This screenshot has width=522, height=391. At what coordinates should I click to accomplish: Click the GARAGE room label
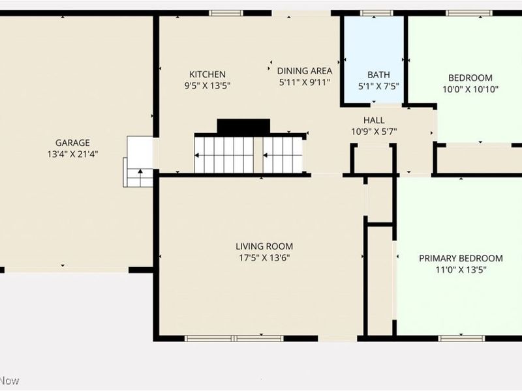[72, 143]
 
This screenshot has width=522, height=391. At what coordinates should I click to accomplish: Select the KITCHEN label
[207, 74]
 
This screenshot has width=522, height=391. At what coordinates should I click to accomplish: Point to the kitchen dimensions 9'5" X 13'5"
[207, 85]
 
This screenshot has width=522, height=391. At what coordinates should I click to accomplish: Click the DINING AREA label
[305, 71]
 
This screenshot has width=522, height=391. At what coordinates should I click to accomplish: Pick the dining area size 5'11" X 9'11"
[305, 82]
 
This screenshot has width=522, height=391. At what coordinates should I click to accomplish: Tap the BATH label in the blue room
[378, 75]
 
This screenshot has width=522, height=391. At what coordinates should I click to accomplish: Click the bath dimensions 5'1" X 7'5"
[378, 86]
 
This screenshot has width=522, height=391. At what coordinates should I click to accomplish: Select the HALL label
[374, 121]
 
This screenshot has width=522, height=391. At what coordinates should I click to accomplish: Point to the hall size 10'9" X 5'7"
[374, 132]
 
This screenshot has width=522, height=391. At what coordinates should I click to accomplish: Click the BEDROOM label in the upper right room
[470, 78]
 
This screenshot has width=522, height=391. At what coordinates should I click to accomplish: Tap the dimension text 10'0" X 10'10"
[470, 90]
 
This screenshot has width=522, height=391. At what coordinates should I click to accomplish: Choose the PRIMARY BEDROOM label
[461, 258]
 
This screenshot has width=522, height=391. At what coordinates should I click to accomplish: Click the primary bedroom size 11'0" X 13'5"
[461, 269]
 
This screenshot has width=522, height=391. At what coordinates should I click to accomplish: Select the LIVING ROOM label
[264, 246]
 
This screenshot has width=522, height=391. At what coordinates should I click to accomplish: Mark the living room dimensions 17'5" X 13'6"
[264, 257]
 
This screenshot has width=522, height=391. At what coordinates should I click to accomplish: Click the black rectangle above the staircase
[243, 126]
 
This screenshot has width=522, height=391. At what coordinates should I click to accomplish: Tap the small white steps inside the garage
[139, 161]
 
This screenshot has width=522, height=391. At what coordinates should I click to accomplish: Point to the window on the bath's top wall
[373, 13]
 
